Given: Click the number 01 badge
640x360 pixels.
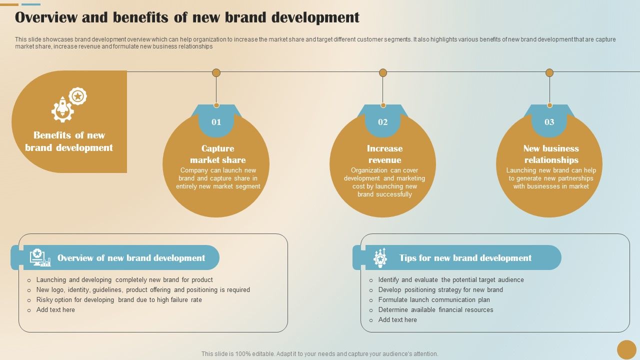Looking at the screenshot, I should click(216, 122).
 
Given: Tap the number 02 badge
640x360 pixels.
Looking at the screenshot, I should click(382, 122).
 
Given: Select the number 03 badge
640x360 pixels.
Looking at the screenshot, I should click(549, 122).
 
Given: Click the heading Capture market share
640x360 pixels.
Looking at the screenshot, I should click(217, 154).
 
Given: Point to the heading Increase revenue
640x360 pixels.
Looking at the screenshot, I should click(384, 154).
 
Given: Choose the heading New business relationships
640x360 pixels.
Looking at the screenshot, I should click(551, 154).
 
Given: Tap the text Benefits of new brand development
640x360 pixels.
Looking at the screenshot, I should click(69, 141).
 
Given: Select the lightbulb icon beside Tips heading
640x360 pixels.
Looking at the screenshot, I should click(380, 257).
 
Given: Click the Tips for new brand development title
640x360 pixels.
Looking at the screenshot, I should click(465, 258).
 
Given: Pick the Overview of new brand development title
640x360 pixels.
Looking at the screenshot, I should click(131, 258).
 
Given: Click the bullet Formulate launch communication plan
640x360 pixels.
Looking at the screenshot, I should click(433, 300).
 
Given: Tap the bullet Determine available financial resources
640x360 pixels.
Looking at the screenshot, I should click(435, 310).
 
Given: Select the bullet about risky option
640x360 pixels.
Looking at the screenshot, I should click(119, 300).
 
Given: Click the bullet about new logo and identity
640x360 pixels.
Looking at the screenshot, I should click(143, 290).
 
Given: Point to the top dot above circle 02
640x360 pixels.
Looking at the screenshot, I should click(382, 72).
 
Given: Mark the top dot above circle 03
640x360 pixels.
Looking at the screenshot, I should click(549, 72).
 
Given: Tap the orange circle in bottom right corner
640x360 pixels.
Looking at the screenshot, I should click(626, 349).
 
